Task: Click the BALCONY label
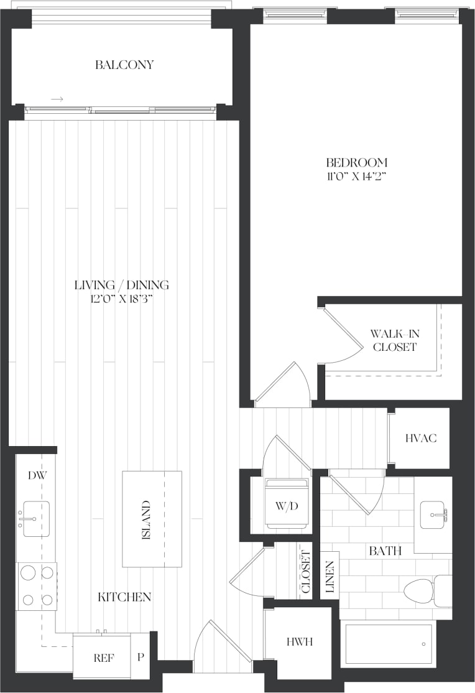click(124, 65)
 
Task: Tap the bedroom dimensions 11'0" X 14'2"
click(357, 177)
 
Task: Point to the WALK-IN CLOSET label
click(395, 340)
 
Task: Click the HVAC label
click(421, 438)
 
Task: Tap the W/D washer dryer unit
click(287, 503)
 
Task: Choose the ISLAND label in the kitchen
click(146, 520)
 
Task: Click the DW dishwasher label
click(37, 475)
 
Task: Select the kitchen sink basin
click(36, 519)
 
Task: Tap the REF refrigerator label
click(104, 658)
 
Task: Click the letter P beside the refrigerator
click(141, 657)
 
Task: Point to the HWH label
click(300, 642)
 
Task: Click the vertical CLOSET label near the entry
click(306, 572)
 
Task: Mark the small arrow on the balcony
click(57, 99)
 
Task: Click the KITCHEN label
click(124, 597)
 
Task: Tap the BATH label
click(385, 551)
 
